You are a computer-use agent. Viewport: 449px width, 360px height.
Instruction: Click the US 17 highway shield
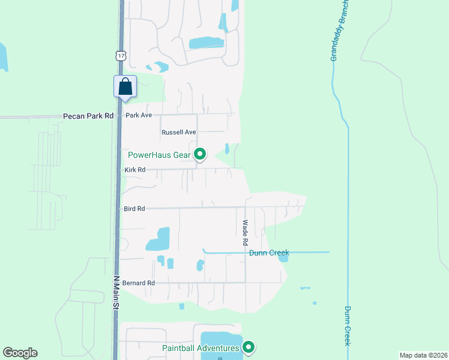tap(121, 56)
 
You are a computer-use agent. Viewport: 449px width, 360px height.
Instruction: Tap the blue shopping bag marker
tap(125, 86)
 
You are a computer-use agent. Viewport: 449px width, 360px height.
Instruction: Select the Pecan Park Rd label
tap(88, 116)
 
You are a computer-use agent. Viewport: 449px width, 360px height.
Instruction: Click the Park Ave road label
tap(139, 115)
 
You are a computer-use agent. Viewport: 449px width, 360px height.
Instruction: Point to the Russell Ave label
tap(179, 132)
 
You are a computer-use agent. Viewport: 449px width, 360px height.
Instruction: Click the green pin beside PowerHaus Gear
tap(200, 155)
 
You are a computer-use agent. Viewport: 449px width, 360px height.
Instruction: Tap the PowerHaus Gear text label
tap(159, 155)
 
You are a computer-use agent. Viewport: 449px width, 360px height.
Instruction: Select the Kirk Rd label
tap(135, 170)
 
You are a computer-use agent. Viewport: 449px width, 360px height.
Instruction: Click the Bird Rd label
tap(134, 209)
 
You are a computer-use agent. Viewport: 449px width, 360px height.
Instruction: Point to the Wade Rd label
tap(246, 233)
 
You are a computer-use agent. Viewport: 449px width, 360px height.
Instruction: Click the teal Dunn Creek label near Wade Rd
tap(270, 253)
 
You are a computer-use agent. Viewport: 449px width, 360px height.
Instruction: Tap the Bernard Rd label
tap(139, 283)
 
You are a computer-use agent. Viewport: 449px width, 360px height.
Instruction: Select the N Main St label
tap(116, 293)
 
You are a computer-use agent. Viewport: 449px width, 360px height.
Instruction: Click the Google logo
tap(20, 353)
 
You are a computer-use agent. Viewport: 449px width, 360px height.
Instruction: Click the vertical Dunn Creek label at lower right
tap(348, 326)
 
